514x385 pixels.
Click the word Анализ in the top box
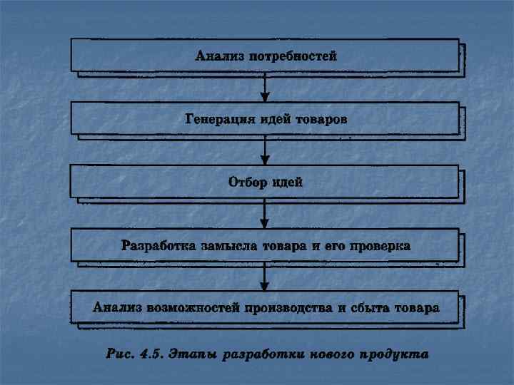pos(219,56)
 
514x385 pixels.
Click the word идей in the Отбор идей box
pos(288,182)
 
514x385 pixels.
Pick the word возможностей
pos(193,309)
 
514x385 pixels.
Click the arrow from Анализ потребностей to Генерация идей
pos(265,86)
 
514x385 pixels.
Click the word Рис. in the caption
pos(120,352)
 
